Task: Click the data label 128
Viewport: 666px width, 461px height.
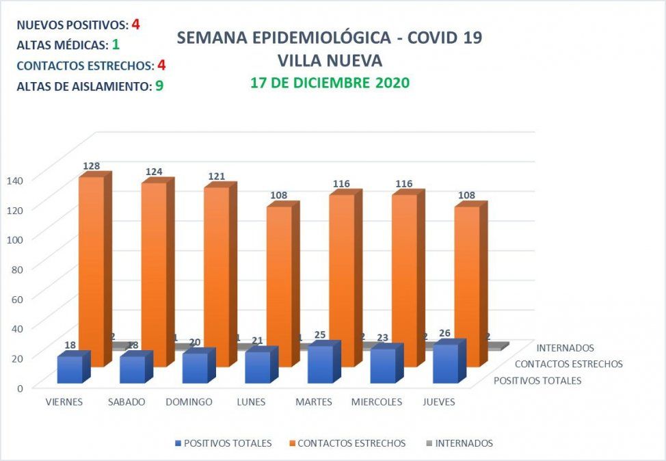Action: click(92, 166)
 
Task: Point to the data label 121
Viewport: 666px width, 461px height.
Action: click(217, 176)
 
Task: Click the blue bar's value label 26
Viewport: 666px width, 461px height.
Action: click(444, 333)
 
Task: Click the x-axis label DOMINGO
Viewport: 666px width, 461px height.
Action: click(189, 402)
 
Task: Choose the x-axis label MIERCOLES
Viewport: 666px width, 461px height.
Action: click(376, 402)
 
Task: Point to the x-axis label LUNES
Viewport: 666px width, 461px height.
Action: click(251, 402)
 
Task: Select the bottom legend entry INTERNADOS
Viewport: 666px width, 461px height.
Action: click(464, 443)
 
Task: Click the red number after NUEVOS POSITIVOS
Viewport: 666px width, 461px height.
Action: click(136, 25)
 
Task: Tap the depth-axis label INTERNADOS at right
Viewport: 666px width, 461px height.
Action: click(565, 348)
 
